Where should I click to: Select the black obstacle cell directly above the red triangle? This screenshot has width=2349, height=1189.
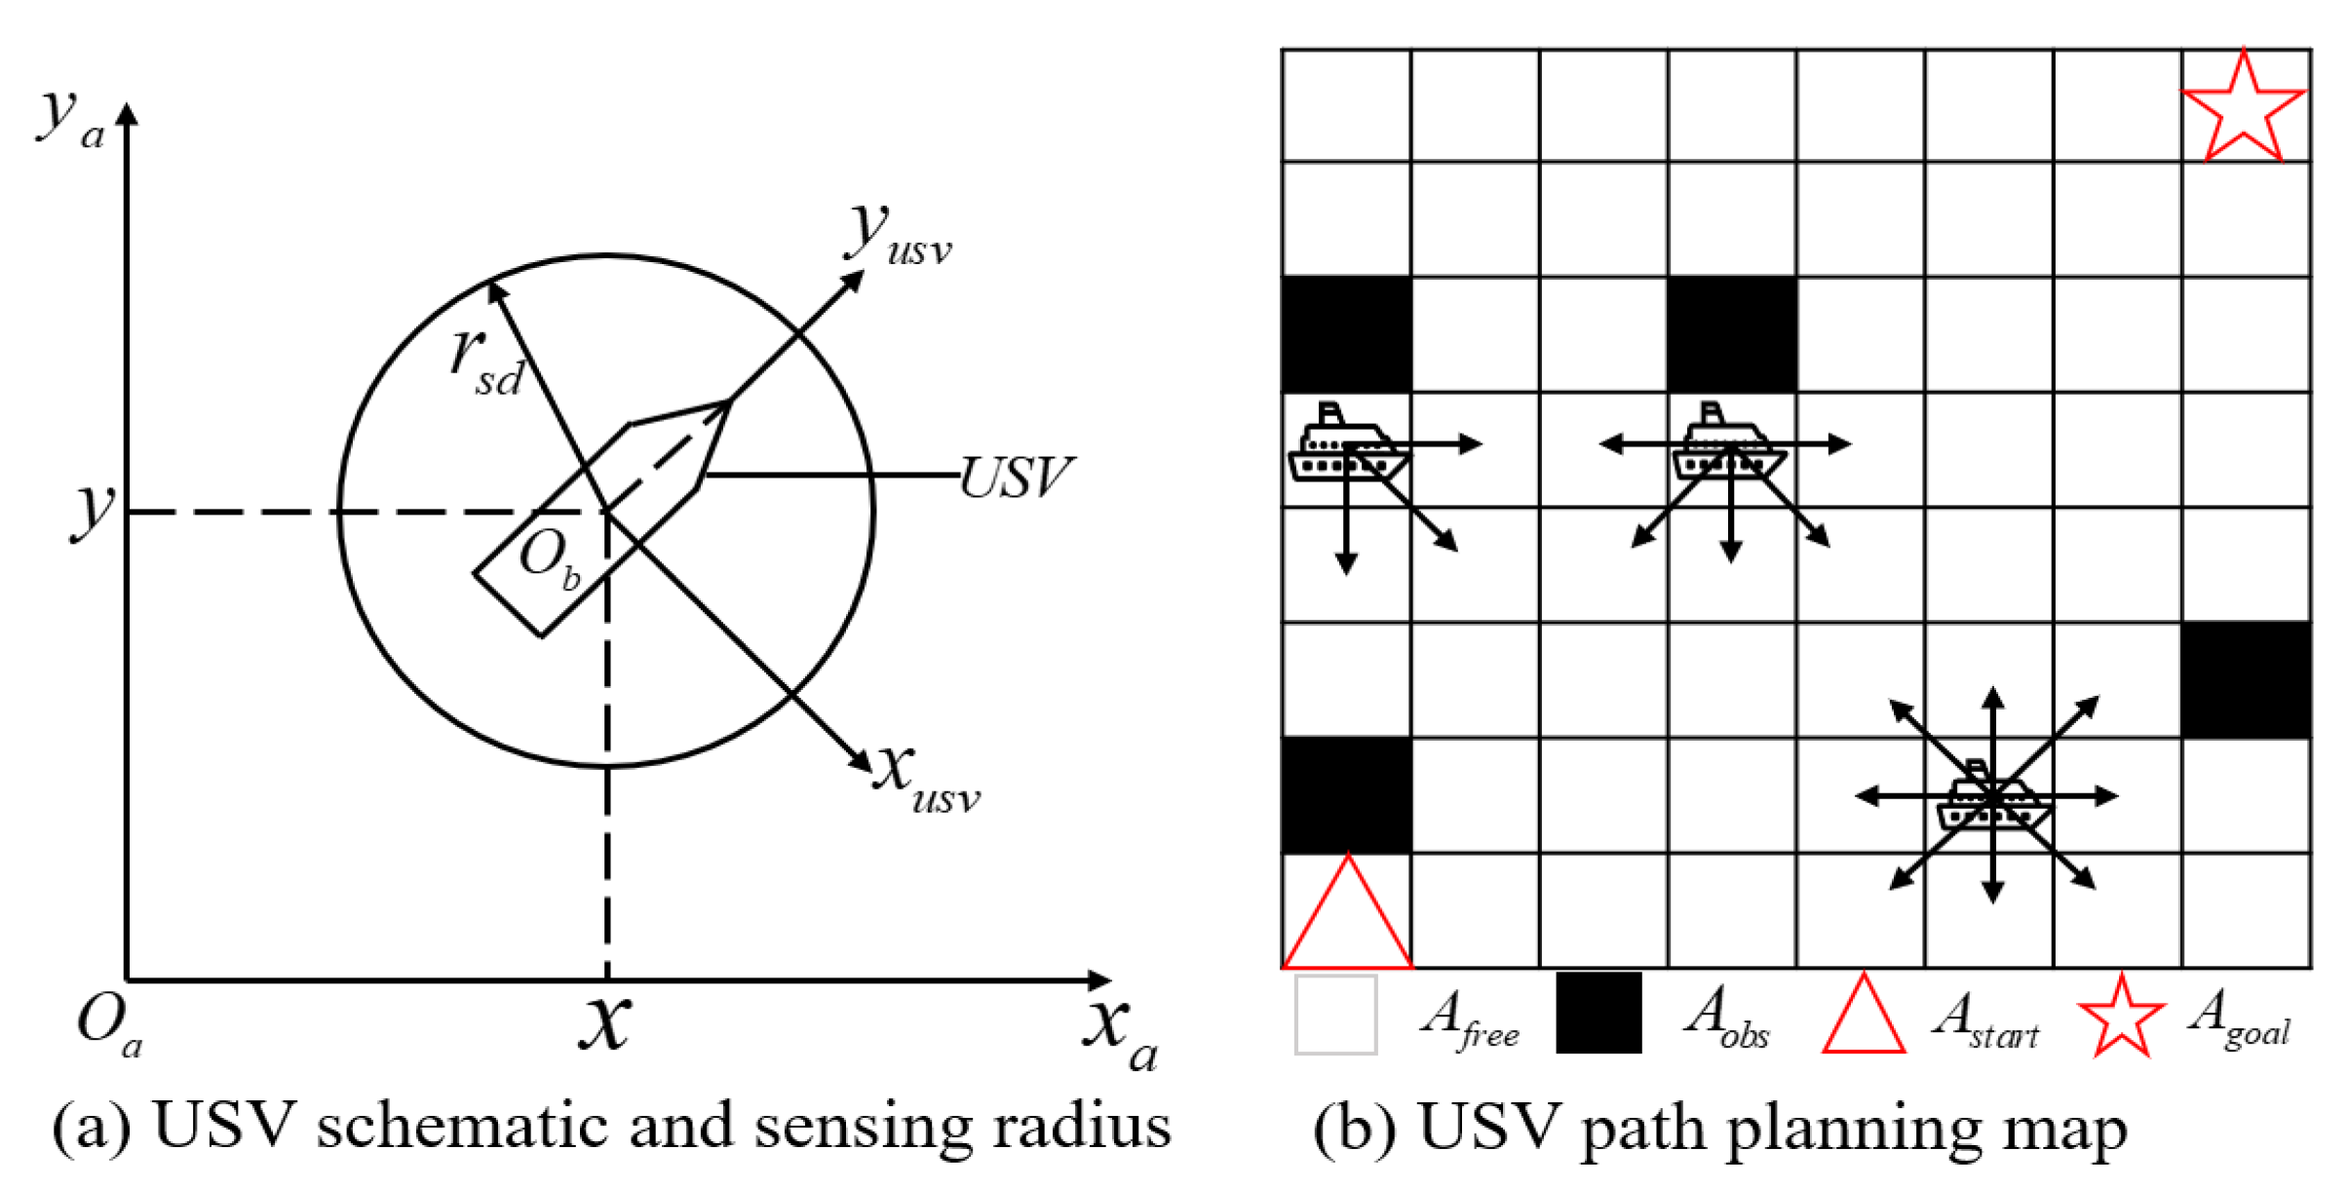point(1346,795)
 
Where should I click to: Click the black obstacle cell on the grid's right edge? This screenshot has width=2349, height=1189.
point(2245,679)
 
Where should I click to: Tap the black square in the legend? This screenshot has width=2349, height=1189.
point(1598,1014)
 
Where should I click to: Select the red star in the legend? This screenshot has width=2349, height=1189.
point(2120,1016)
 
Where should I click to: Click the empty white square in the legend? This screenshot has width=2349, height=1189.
point(1335,1015)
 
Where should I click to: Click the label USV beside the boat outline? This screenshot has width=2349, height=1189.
point(1015,478)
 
